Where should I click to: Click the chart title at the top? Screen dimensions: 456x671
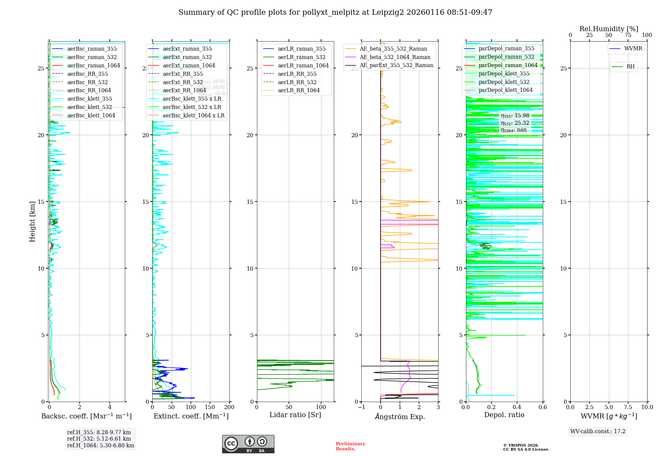[x=335, y=12]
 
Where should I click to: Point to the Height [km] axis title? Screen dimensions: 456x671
[x=32, y=222]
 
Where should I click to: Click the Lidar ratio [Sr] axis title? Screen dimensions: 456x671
[x=295, y=415]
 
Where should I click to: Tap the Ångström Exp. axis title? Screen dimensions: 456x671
[x=400, y=416]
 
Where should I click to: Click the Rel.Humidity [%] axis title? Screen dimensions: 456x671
[x=609, y=29]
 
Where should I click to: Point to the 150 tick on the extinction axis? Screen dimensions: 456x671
[x=210, y=407]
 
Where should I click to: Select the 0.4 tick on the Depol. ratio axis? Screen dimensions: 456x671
[x=517, y=407]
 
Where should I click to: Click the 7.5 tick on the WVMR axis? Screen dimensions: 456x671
[x=628, y=407]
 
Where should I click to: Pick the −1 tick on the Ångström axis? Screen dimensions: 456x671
[x=361, y=407]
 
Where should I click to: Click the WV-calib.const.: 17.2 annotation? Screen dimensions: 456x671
[x=598, y=432]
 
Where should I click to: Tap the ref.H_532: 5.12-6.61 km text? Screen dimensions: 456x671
[x=99, y=439]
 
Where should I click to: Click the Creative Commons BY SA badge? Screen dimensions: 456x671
[x=248, y=444]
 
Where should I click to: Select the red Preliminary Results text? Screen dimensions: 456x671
[x=350, y=446]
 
